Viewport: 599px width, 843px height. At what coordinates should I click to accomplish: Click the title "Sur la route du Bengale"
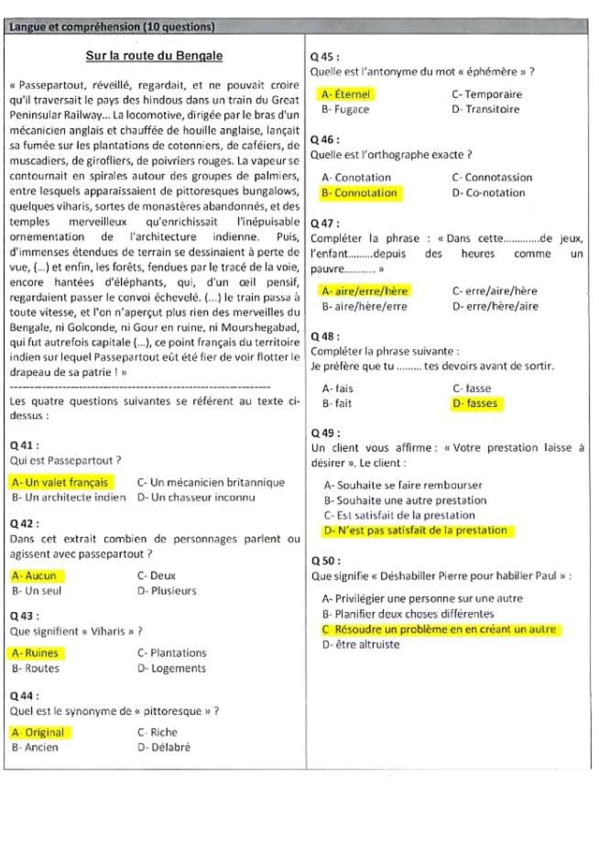[154, 56]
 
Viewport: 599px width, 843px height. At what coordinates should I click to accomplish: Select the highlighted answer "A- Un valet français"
[60, 482]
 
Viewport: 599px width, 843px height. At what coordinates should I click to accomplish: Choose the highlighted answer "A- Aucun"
[35, 575]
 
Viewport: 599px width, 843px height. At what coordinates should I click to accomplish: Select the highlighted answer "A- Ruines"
[36, 653]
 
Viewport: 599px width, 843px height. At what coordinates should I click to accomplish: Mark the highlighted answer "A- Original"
[39, 732]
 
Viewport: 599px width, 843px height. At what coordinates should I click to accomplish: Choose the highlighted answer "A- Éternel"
[346, 93]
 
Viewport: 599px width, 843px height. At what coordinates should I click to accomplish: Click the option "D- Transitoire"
[485, 109]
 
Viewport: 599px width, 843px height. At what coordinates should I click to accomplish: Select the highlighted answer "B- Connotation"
[359, 193]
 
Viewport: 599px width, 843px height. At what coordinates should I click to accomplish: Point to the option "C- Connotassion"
[492, 177]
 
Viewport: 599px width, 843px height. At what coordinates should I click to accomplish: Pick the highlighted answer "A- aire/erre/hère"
[365, 290]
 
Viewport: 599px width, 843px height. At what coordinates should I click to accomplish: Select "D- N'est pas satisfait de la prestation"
[415, 531]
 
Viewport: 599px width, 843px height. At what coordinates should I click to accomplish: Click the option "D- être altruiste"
[362, 645]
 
